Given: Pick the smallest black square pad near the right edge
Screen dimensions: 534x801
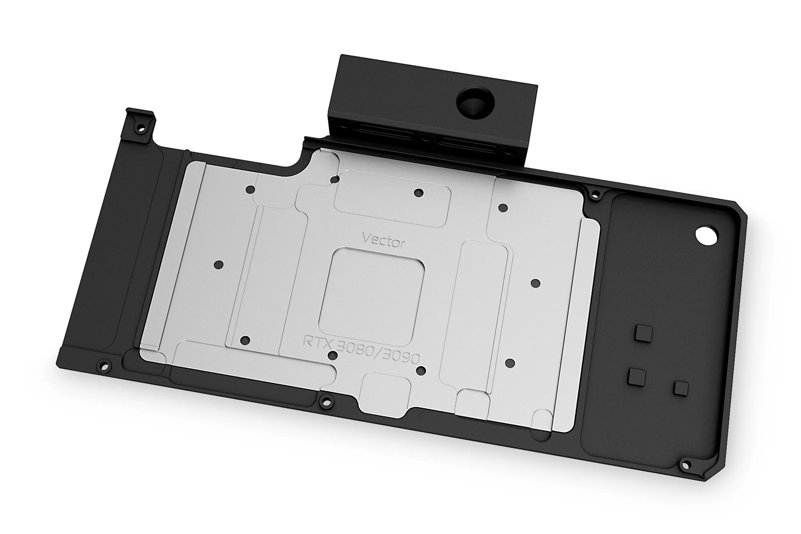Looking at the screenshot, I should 681,387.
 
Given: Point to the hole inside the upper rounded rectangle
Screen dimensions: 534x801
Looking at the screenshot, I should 419,193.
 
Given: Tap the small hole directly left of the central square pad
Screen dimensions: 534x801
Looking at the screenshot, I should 217,264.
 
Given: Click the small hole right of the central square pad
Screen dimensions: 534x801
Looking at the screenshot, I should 535,283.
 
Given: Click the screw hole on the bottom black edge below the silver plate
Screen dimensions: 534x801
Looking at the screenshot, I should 326,399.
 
